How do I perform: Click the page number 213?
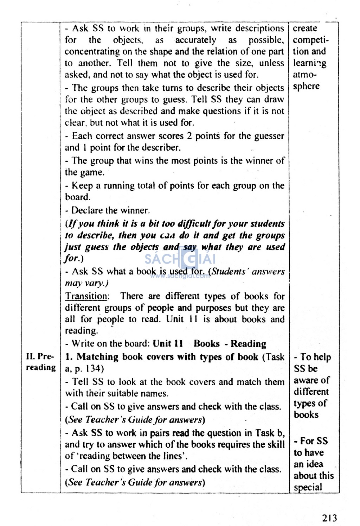329,518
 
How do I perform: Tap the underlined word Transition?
86,296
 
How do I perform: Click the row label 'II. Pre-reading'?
40,362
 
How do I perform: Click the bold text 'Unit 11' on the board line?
168,344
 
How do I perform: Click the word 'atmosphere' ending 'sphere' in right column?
306,86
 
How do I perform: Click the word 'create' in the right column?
305,28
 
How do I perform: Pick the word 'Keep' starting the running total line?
82,185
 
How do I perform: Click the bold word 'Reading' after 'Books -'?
248,344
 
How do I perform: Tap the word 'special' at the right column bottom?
308,487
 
